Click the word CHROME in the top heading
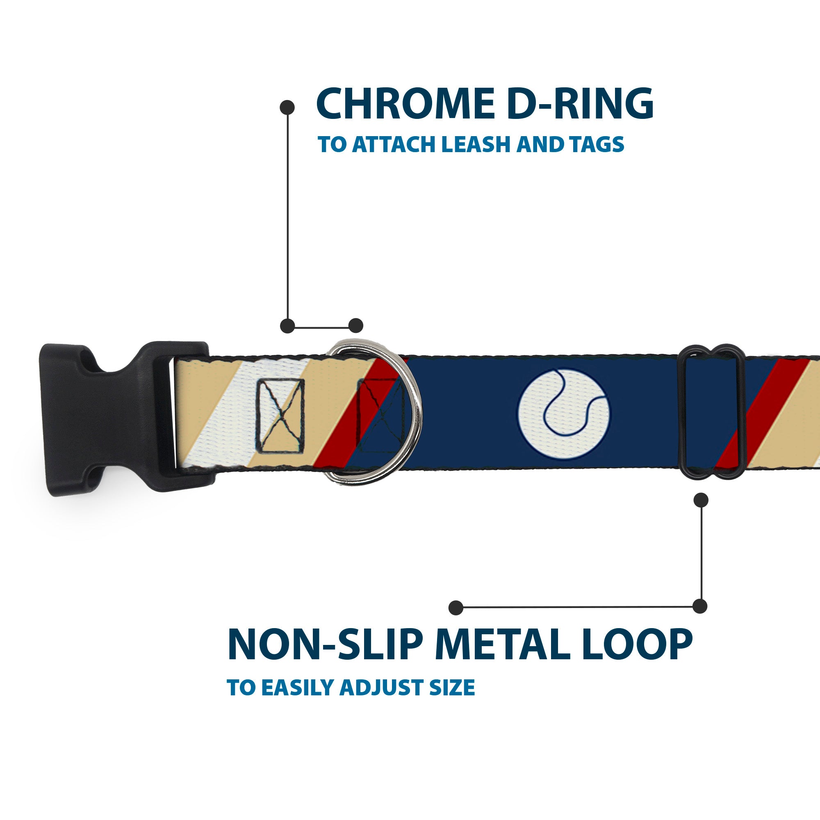[x=405, y=105]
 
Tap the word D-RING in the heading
[x=580, y=105]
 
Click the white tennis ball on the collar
[x=563, y=414]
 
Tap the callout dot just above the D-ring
[x=355, y=326]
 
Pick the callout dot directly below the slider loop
[x=700, y=500]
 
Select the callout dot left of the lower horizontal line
[x=456, y=607]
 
